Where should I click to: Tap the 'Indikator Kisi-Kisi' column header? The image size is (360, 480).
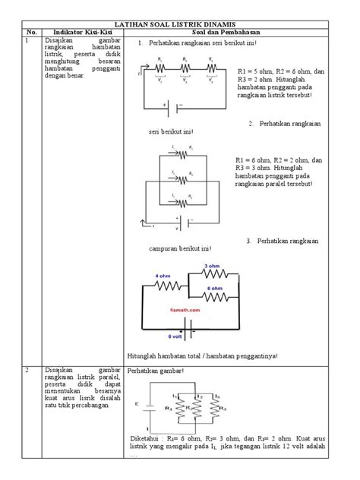(x=83, y=33)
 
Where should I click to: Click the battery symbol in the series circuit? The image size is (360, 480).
(x=178, y=107)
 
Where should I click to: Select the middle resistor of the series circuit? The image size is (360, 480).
(x=185, y=68)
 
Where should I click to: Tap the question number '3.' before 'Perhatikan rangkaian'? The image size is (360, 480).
(x=249, y=241)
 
